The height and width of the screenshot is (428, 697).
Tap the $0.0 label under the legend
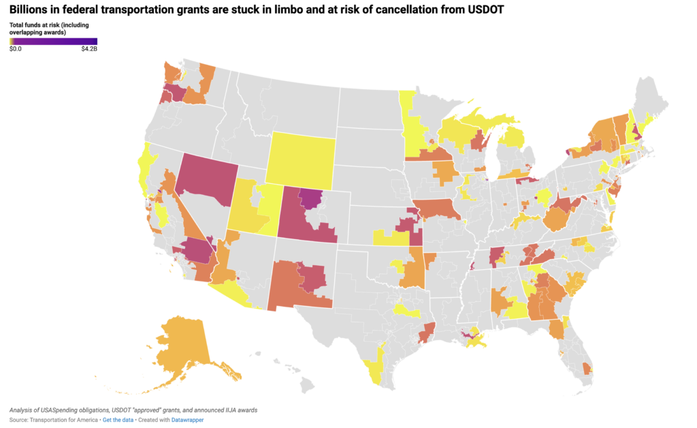coord(16,48)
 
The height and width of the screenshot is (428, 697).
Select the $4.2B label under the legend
coord(88,48)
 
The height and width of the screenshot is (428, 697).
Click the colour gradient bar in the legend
coord(53,41)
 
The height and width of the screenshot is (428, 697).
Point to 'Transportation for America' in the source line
coord(65,420)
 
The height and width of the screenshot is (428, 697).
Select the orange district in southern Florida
coord(587,368)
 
